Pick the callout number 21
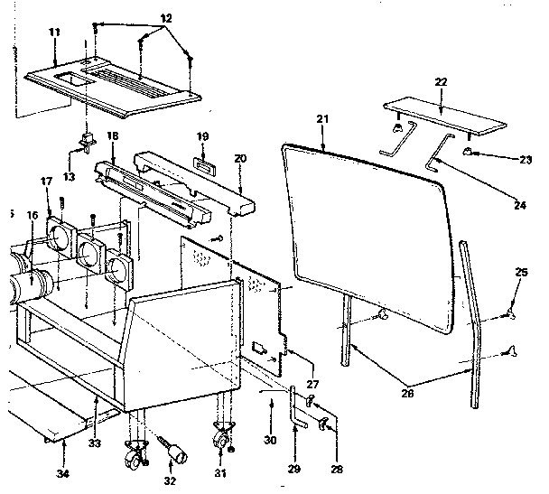(x=322, y=118)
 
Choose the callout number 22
(x=441, y=82)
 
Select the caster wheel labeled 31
(x=220, y=442)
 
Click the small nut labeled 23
(x=470, y=151)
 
